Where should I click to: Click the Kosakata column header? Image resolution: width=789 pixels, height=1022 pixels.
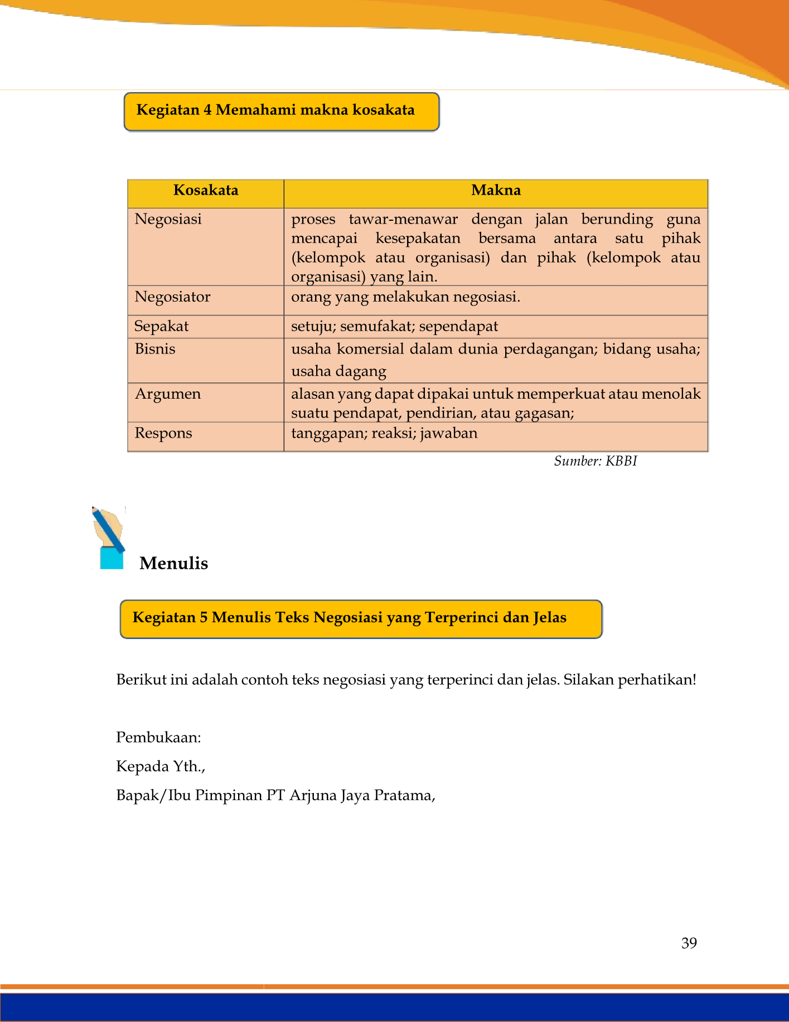point(206,191)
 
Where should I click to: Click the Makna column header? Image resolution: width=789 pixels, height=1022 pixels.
point(496,191)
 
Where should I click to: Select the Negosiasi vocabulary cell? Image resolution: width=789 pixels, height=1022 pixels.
point(168,219)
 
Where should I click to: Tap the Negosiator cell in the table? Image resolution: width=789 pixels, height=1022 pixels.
point(172,297)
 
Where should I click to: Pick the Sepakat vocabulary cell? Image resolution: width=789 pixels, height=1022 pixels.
point(162,326)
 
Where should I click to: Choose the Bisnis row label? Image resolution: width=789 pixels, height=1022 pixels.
point(155,349)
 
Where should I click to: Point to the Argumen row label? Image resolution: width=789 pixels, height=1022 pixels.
point(167,394)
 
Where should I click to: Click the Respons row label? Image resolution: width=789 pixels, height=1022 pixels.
point(163,433)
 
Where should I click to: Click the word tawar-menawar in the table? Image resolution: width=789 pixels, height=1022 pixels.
point(403,219)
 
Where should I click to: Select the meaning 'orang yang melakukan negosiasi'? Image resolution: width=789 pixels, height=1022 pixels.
point(405,297)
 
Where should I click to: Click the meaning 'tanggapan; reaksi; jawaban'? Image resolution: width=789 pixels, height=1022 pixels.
point(384,433)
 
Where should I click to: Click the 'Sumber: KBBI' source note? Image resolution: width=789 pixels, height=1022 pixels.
point(595,461)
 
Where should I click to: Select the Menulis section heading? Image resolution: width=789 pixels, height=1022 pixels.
point(173,563)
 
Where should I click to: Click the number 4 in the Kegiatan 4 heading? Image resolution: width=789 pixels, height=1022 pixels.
point(207,110)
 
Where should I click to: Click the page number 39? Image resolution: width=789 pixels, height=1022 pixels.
point(689,943)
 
